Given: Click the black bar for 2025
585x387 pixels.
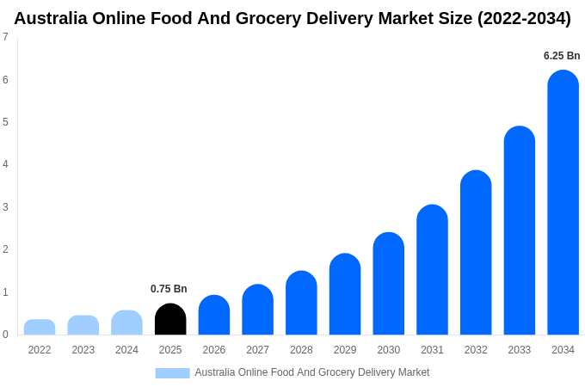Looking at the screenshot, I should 170,319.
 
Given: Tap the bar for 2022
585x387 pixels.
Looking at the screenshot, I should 40,328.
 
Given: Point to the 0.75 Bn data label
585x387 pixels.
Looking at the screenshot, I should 169,289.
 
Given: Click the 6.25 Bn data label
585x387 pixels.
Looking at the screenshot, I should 562,56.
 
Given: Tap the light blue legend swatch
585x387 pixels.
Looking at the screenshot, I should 172,373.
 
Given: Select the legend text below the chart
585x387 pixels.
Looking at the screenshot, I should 311,372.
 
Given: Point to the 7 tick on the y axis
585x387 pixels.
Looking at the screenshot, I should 5,37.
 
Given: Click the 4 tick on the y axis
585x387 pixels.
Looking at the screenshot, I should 5,164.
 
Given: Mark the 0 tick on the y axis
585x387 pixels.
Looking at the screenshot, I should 5,335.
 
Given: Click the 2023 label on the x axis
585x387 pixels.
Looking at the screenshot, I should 83,350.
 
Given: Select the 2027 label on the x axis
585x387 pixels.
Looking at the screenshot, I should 257,350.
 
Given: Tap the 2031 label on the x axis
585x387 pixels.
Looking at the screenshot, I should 432,350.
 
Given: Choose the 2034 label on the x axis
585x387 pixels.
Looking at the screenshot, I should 563,350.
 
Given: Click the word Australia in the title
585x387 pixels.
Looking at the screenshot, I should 52,18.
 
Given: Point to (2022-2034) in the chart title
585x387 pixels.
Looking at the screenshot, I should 524,18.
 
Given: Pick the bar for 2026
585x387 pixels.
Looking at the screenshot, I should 214,315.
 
